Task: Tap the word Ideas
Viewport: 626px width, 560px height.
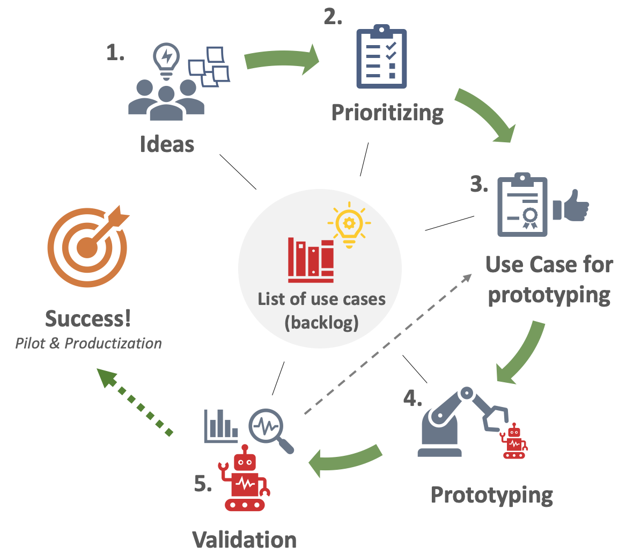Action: point(167,144)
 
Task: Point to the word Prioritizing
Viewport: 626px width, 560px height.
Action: point(387,113)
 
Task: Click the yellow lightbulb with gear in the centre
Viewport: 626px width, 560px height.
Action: point(349,225)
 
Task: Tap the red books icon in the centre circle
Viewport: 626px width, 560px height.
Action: point(311,260)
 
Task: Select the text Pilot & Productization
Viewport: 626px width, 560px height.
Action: point(89,344)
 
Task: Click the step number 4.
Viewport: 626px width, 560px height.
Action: point(413,398)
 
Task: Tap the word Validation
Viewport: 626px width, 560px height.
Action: point(245,540)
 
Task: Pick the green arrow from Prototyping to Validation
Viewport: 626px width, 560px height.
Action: point(346,459)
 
